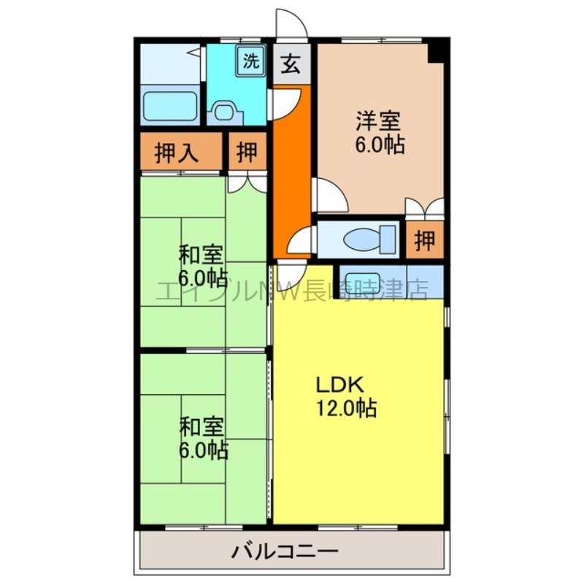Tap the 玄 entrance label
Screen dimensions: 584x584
(291, 64)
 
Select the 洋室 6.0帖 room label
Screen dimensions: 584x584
(380, 131)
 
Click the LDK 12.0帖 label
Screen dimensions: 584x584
(345, 396)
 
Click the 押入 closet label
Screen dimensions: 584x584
(177, 153)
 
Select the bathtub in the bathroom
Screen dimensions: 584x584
(169, 106)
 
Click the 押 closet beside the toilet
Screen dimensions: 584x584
(424, 241)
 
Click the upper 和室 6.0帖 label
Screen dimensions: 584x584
(202, 266)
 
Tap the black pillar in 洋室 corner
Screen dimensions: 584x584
(437, 51)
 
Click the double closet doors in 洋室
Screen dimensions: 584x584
(425, 208)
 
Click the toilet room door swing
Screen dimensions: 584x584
(305, 239)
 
